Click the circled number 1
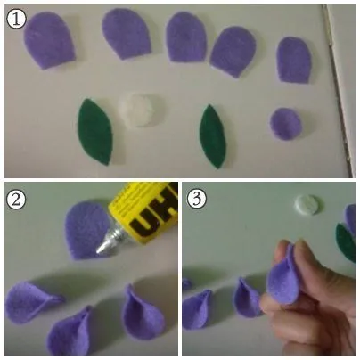(x=16, y=19)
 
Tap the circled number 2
(x=16, y=200)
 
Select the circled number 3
(x=197, y=199)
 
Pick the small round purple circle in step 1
(x=286, y=124)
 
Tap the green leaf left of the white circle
(x=95, y=132)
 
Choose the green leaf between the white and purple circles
(x=213, y=136)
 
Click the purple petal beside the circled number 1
(x=49, y=40)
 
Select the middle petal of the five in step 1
(x=186, y=37)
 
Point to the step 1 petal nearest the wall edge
(x=294, y=60)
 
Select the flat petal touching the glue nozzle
(x=86, y=230)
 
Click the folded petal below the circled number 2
(x=31, y=301)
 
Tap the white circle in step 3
(x=308, y=205)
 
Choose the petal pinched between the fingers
(x=283, y=279)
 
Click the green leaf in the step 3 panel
(x=347, y=243)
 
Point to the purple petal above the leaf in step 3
(x=350, y=220)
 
